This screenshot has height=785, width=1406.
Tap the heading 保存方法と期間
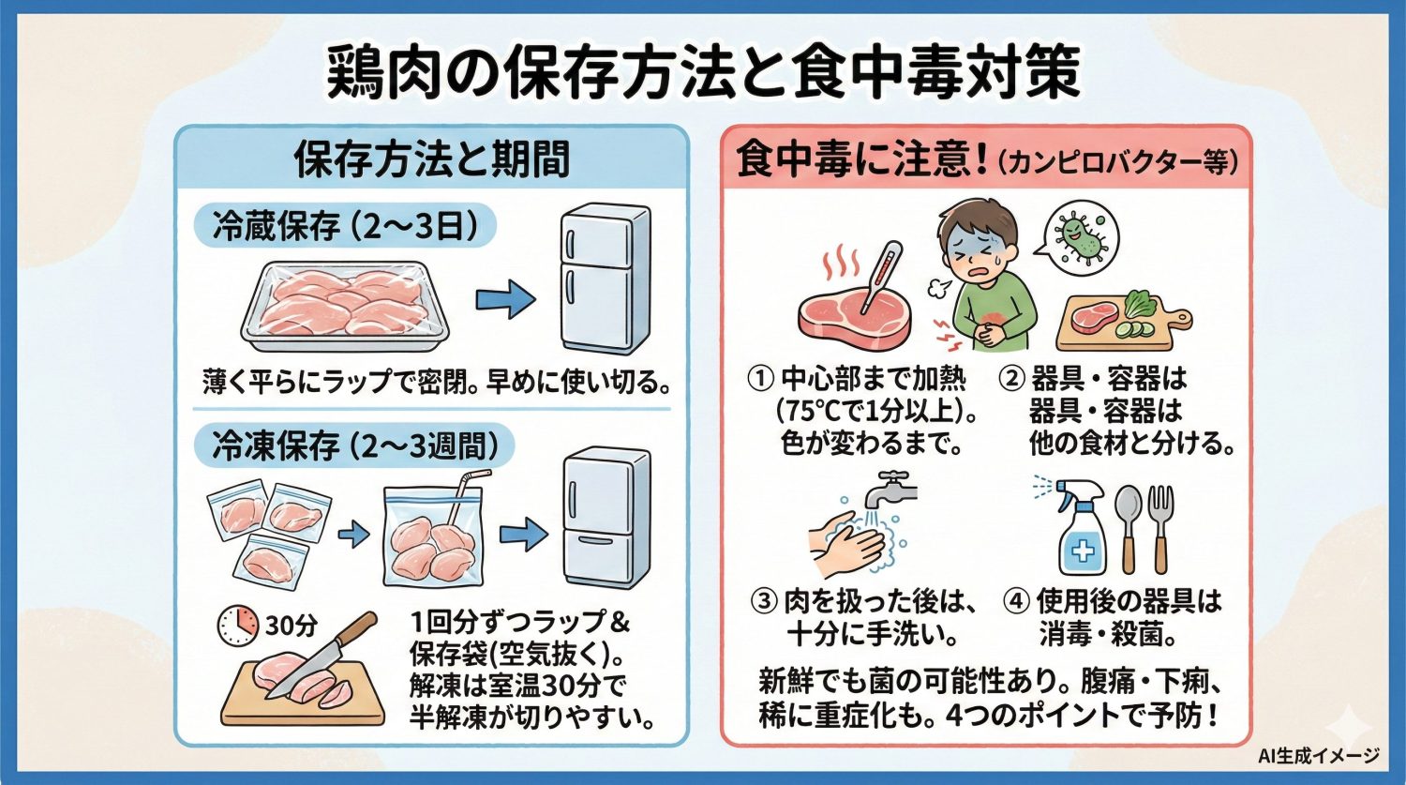pyautogui.click(x=432, y=159)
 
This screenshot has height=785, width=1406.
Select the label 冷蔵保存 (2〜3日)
pyautogui.click(x=341, y=227)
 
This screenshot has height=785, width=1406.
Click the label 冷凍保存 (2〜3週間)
pyautogui.click(x=353, y=445)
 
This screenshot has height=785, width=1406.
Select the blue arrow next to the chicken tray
pyautogui.click(x=505, y=300)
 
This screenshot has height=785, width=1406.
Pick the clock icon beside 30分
pyautogui.click(x=238, y=625)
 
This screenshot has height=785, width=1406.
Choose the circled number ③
pyautogui.click(x=766, y=601)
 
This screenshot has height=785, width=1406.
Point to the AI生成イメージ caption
pyautogui.click(x=1318, y=756)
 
